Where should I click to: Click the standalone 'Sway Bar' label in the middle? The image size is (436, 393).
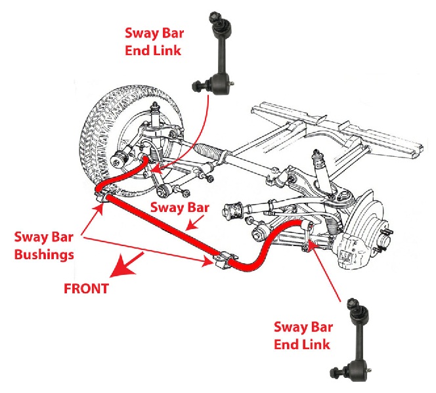coord(180,208)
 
